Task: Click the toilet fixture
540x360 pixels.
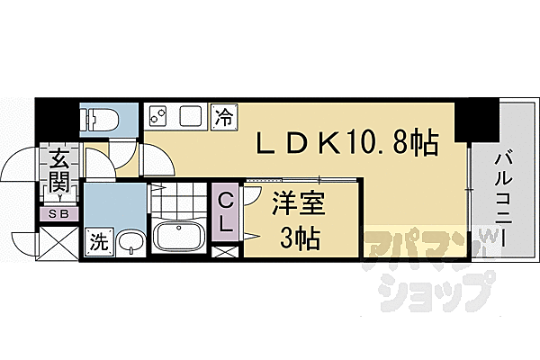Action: point(99,120)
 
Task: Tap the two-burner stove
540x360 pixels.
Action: point(157,116)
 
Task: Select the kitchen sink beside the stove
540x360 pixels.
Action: point(191,116)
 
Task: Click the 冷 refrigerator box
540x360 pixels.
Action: point(224,117)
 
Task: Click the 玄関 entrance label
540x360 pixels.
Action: point(58,171)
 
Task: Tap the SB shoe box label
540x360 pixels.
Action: point(58,214)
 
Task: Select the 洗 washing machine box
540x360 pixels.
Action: point(100,242)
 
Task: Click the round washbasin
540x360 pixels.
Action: point(131,242)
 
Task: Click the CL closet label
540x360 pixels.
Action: point(225,212)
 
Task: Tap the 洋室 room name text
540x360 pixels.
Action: point(299,203)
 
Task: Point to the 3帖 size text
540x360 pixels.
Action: point(300,238)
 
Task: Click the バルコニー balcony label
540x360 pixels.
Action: point(503,200)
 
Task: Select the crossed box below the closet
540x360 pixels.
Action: point(224,252)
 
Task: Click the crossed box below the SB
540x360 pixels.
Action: point(58,243)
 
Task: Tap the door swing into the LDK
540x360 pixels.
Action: point(157,160)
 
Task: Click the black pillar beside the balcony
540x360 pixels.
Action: point(477,120)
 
